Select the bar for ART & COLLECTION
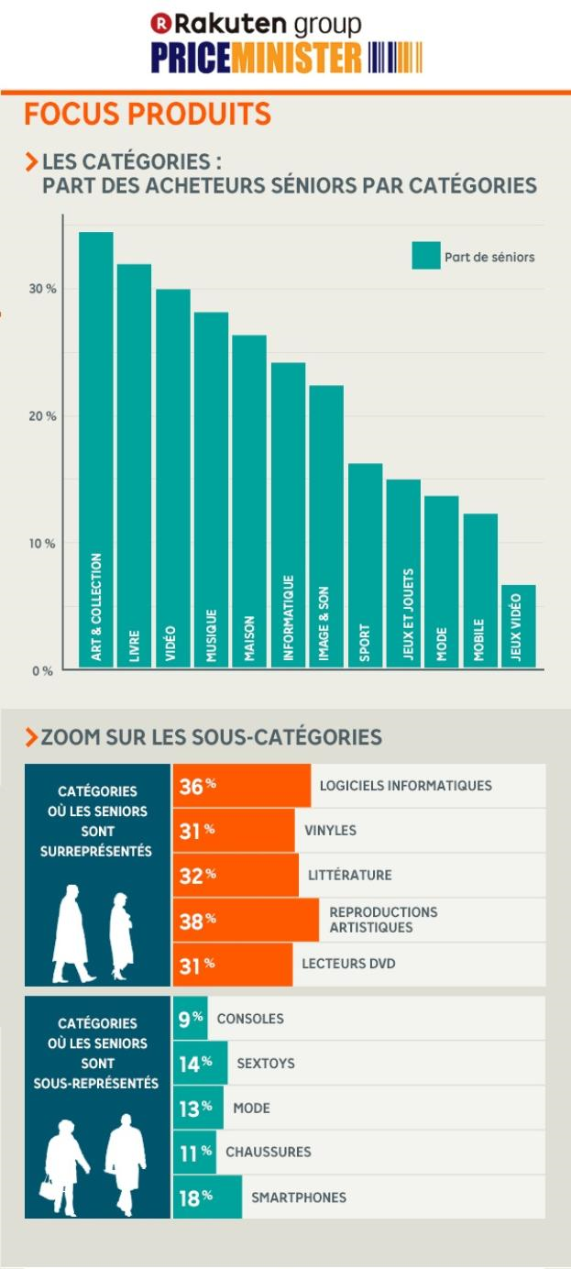point(96,449)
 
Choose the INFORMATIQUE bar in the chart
point(288,514)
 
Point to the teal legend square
point(425,256)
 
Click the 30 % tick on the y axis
point(42,289)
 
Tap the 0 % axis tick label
point(42,671)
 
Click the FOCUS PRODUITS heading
point(148,115)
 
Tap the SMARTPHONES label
point(299,1197)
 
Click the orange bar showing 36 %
point(242,786)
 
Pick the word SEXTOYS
point(265,1064)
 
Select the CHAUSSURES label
point(268,1152)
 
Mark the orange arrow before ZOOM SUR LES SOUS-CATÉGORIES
point(32,737)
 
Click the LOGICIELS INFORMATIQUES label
point(405,786)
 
